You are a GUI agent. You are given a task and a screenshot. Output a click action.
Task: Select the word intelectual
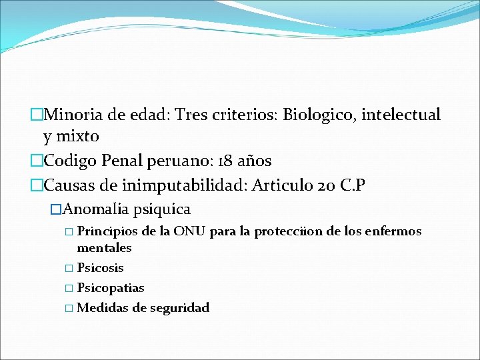coord(402,115)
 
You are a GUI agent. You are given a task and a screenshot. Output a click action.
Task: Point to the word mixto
coord(78,137)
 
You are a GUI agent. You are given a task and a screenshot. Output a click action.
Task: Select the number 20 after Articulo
coord(325,185)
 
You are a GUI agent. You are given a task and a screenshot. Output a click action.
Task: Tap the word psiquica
coord(162,209)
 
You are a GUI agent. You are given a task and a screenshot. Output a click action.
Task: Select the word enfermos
coord(394,231)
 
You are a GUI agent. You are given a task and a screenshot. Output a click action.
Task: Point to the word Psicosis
coord(100,268)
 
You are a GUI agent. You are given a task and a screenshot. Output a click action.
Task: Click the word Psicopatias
coord(111,288)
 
